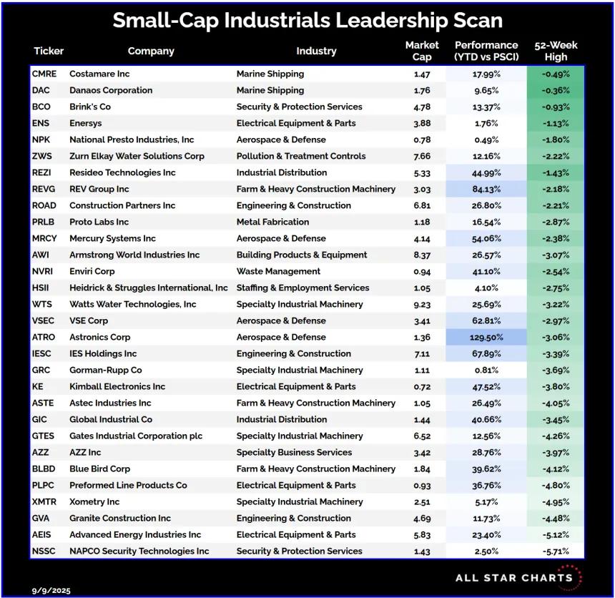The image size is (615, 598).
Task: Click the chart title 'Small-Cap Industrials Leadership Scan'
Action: pyautogui.click(x=307, y=20)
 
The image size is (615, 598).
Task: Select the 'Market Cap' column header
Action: pyautogui.click(x=422, y=51)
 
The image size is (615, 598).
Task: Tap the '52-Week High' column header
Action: pyautogui.click(x=556, y=51)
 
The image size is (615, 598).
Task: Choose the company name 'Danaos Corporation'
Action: pyautogui.click(x=111, y=90)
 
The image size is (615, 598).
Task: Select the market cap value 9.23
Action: pyautogui.click(x=422, y=304)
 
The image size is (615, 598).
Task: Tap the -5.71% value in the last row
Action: pyautogui.click(x=556, y=551)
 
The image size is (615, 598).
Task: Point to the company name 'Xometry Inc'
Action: pyautogui.click(x=94, y=501)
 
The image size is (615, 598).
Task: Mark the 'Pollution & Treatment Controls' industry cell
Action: pyautogui.click(x=301, y=156)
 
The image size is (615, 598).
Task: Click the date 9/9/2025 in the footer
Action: pyautogui.click(x=51, y=591)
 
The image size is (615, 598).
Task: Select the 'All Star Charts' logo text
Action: pyautogui.click(x=513, y=577)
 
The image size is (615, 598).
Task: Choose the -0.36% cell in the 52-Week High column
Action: pyautogui.click(x=556, y=90)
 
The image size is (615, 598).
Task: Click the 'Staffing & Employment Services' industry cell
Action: pyautogui.click(x=303, y=288)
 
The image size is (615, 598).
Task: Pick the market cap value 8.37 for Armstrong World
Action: pyautogui.click(x=422, y=255)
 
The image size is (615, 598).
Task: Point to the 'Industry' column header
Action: pyautogui.click(x=316, y=51)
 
